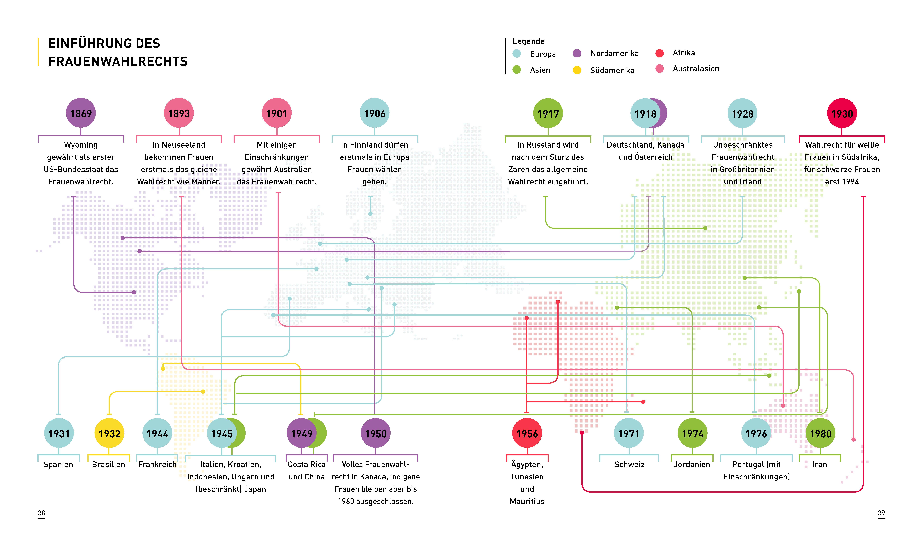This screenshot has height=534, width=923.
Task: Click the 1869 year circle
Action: point(81,113)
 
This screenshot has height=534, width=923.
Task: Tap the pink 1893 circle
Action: point(179,113)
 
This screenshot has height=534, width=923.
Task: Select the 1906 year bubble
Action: point(375,113)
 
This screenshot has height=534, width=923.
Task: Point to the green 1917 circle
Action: point(548,114)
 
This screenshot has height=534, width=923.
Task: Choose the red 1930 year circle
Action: point(842,114)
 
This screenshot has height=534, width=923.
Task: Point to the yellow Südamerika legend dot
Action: point(577,70)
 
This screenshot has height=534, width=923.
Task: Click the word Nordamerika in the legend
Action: point(614,53)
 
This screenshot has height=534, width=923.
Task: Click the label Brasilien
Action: point(108,464)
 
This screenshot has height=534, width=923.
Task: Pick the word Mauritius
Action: point(527,501)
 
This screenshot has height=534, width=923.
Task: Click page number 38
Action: point(41,513)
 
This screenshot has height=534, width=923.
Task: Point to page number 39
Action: point(881,513)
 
